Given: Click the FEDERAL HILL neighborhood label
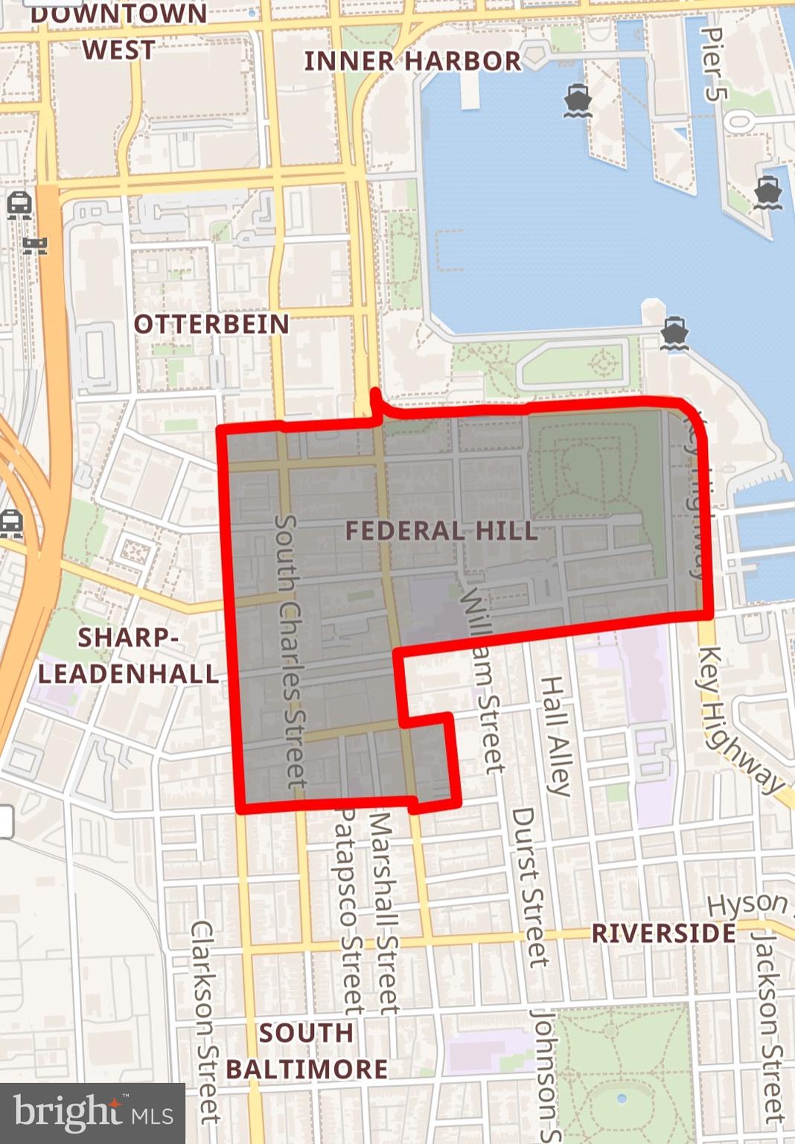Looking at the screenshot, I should click(x=441, y=531).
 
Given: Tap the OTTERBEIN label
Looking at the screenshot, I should click(x=211, y=325).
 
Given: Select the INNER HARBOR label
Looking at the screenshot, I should click(x=412, y=61).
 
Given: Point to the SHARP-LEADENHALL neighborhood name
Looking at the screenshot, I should click(x=128, y=656).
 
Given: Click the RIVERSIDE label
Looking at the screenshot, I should click(x=663, y=933).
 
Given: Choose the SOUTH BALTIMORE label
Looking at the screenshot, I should click(x=306, y=1051).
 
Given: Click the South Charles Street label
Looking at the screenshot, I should click(x=291, y=652).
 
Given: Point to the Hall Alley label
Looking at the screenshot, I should click(x=555, y=736).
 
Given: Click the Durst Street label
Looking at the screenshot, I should click(x=529, y=886).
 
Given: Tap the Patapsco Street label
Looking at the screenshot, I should click(x=347, y=912).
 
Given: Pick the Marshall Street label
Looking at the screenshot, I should click(x=384, y=912).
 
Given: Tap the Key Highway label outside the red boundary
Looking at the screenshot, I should click(x=738, y=719).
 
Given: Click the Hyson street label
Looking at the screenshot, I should click(x=747, y=904).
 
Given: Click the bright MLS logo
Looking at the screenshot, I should click(x=92, y=1113).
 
